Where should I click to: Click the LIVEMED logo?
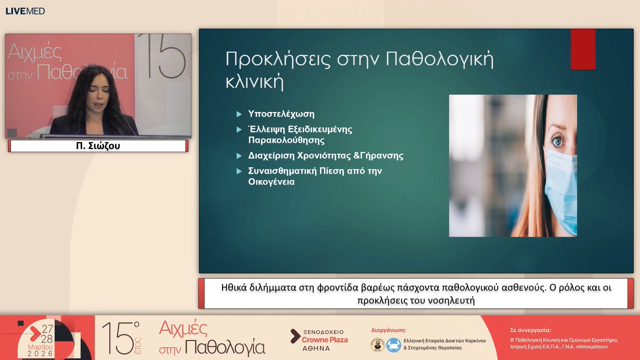pos(25,11)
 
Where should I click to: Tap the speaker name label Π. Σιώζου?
pos(98,146)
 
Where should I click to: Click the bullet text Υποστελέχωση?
pos(281,114)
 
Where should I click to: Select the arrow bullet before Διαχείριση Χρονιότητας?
pos(239,156)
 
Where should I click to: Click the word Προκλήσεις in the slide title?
pos(278,59)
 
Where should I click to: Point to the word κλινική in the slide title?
pos(254,82)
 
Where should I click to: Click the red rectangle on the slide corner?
pos(583,49)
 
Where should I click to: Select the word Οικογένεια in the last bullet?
pos(271,182)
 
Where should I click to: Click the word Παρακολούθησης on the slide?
pos(286,140)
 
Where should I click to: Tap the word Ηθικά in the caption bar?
pos(234,287)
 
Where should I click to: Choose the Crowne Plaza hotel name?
pos(325,340)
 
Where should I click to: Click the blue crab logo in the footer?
pos(394,345)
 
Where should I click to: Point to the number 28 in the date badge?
pos(47,339)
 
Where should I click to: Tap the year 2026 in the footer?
pos(40,354)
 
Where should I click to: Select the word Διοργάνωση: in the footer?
pos(388,330)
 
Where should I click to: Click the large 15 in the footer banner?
pos(118,338)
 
